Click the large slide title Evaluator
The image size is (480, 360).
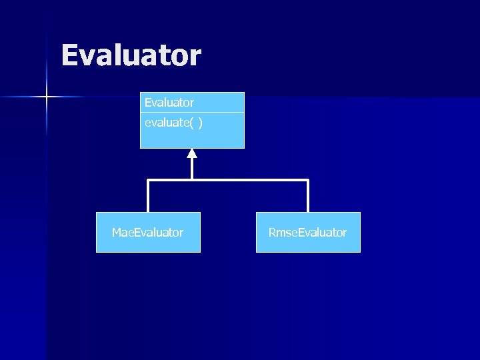131,55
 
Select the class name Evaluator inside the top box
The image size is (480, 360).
169,103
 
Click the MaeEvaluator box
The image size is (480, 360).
148,232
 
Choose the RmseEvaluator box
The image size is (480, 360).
308,232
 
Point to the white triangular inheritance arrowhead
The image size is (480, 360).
192,153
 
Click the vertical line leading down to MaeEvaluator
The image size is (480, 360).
148,197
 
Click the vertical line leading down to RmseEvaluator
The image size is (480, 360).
308,197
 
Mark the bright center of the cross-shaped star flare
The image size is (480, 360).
47,97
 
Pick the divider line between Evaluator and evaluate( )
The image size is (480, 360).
192,113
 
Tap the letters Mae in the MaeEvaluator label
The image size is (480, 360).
123,233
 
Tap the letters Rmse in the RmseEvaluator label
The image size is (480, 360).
283,233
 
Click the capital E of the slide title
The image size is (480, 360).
69,55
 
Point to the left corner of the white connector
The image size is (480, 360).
148,180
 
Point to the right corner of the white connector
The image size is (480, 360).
308,180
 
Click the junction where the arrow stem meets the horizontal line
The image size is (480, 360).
192,180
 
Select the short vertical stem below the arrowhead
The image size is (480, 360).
192,169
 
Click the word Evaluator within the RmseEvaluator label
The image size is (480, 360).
322,233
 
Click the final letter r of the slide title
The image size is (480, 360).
195,57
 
